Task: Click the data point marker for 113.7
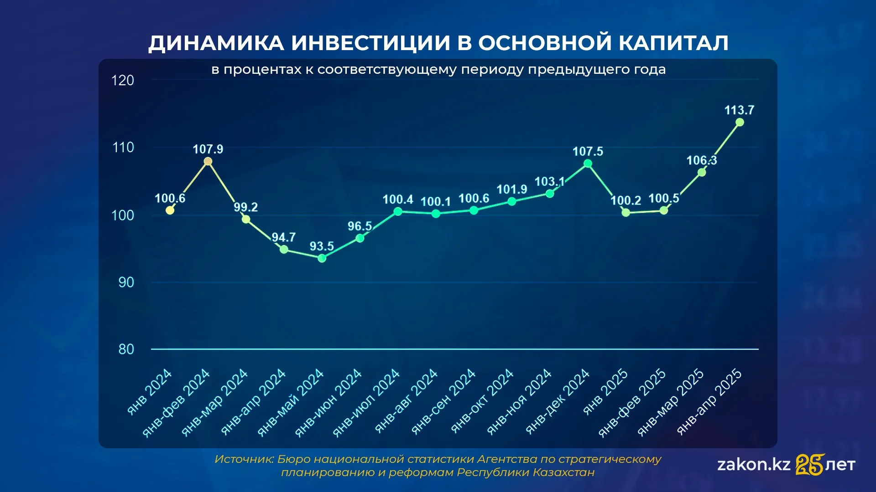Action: [x=740, y=122]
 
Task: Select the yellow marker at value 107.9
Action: [x=208, y=161]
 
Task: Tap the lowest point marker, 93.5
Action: [x=322, y=258]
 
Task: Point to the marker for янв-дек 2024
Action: [x=588, y=163]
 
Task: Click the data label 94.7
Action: [x=284, y=237]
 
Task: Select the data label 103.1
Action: [x=550, y=182]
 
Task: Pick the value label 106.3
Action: [x=702, y=160]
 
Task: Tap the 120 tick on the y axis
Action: [x=123, y=81]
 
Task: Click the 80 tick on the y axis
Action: [x=126, y=349]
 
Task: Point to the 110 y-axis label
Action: [x=123, y=148]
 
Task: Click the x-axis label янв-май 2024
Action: [x=291, y=403]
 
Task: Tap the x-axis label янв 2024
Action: [x=149, y=392]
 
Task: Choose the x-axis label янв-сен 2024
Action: [x=443, y=401]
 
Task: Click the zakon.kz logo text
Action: [x=754, y=465]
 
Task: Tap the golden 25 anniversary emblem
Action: [x=810, y=464]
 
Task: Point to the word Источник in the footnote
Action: [x=244, y=459]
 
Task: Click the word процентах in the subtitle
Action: [x=263, y=70]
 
